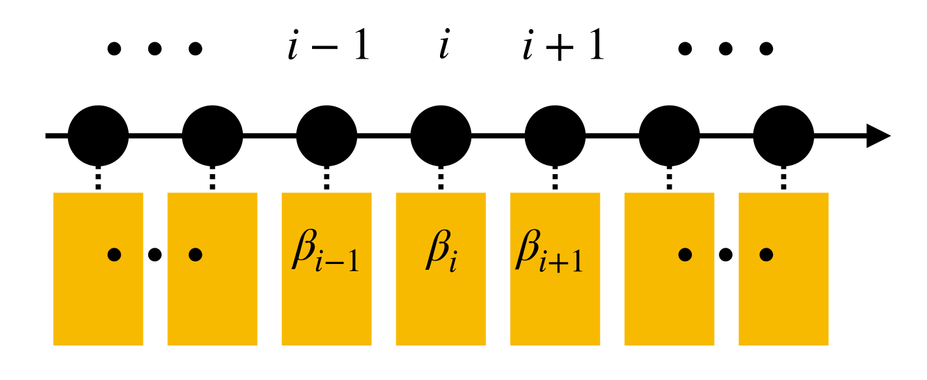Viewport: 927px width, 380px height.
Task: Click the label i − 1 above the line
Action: [x=328, y=49]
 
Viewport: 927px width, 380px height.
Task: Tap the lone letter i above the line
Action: [x=444, y=49]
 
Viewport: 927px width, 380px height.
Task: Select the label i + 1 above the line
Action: [x=563, y=49]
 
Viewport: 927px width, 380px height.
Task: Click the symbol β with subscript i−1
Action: [x=324, y=254]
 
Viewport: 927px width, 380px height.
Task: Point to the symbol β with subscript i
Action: [x=439, y=254]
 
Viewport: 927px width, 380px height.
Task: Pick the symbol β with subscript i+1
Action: [x=548, y=254]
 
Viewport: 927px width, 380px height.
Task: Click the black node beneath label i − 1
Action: [x=326, y=136]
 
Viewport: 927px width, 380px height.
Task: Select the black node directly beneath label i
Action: [x=441, y=136]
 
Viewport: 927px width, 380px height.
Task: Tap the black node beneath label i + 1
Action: [x=555, y=136]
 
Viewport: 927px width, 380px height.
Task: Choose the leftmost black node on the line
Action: [x=98, y=136]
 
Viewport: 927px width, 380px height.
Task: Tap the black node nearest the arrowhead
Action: [x=783, y=136]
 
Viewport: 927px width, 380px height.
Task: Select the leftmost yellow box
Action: [x=98, y=269]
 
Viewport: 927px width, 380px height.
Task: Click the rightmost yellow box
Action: [x=783, y=269]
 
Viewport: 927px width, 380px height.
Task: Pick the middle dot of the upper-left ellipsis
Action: [x=155, y=48]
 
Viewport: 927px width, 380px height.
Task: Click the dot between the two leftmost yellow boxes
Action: [x=155, y=255]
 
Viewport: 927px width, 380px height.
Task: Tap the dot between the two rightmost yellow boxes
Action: [x=725, y=255]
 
